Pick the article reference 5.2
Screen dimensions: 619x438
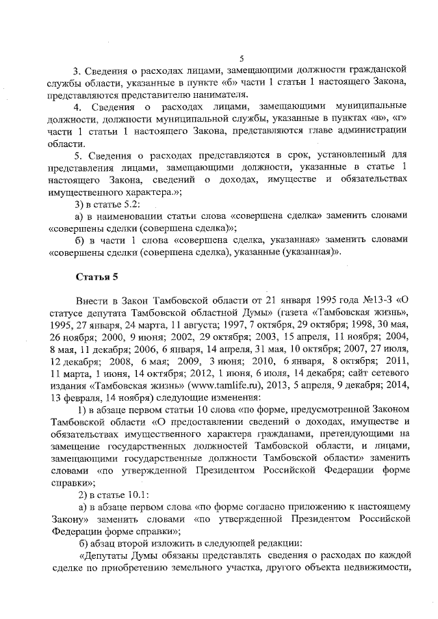131,205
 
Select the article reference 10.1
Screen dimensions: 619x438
136,495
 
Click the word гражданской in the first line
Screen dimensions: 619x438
377,70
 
